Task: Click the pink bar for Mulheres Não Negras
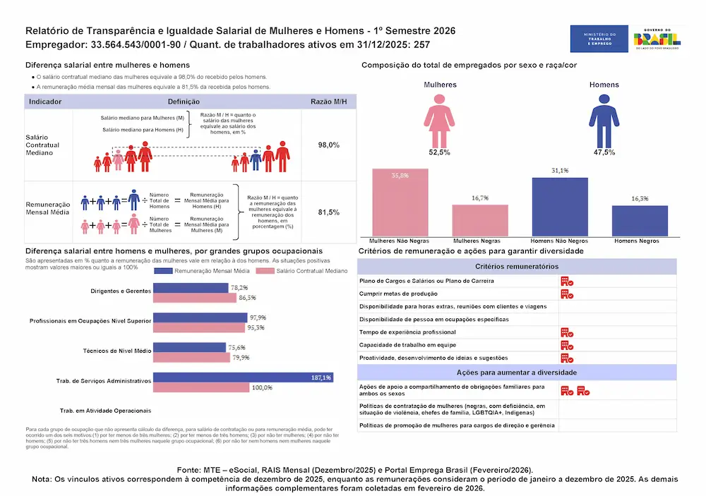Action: click(x=400, y=202)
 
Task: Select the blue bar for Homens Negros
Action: click(x=640, y=221)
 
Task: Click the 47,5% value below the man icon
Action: click(x=604, y=152)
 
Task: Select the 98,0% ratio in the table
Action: click(x=329, y=145)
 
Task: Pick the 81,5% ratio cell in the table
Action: click(x=329, y=212)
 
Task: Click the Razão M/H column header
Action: click(x=329, y=102)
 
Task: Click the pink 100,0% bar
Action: click(x=201, y=387)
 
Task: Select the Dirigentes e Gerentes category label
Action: click(x=121, y=291)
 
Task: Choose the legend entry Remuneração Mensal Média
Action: click(x=207, y=271)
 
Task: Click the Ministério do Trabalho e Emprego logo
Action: click(x=599, y=39)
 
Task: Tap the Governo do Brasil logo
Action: click(x=657, y=39)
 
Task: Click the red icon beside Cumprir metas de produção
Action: click(x=566, y=294)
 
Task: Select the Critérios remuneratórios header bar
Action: click(x=517, y=267)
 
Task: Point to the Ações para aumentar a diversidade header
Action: click(x=517, y=372)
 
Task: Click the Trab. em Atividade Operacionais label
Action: click(x=105, y=411)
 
